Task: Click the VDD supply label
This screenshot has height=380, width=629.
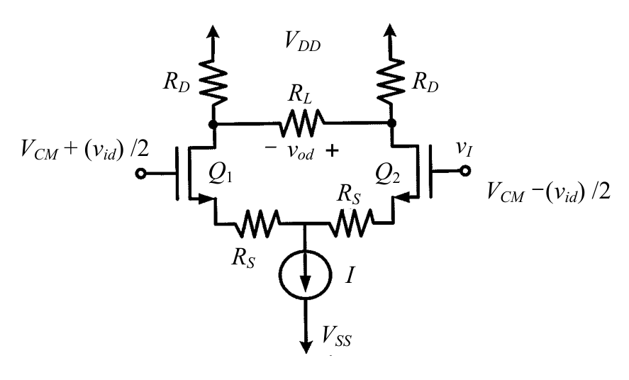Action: point(303,41)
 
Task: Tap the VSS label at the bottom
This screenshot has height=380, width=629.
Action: point(337,336)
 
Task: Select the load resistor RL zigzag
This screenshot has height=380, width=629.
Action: point(301,123)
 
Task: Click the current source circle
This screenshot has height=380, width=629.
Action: point(305,274)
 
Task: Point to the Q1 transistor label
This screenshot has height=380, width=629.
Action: point(221,174)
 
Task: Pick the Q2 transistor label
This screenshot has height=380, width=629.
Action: point(387,174)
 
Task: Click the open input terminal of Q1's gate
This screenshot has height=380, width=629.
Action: point(140,174)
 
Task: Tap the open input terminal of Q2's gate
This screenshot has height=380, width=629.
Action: point(464,171)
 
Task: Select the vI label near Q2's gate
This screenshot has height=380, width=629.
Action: point(464,149)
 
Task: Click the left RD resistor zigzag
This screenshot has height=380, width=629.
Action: point(213,82)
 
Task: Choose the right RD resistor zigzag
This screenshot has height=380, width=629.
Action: point(390,81)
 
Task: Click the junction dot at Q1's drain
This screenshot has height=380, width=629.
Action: point(213,124)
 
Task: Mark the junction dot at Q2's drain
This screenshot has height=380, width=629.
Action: point(392,123)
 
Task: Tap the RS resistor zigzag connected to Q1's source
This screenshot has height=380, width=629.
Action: point(257,223)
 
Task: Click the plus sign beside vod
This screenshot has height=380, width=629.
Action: point(332,151)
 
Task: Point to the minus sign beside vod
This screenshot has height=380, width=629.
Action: point(271,147)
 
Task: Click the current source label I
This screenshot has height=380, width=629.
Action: point(350,275)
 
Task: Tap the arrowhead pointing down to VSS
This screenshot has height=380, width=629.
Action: point(306,347)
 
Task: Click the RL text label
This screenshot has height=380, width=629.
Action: point(300,94)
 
